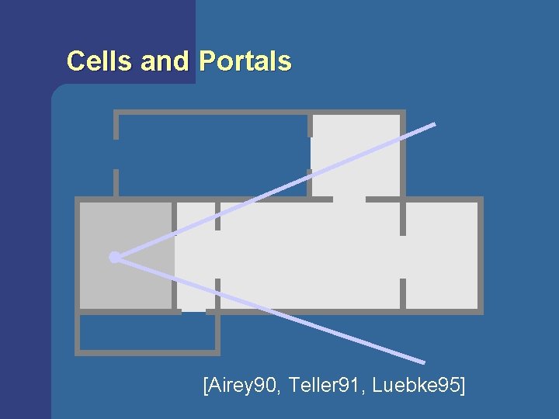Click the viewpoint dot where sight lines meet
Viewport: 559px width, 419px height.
(114, 257)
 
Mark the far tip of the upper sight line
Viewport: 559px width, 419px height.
(434, 124)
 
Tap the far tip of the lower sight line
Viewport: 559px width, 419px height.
(423, 362)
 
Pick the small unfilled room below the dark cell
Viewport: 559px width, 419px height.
(148, 334)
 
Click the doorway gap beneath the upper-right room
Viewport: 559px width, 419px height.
(349, 199)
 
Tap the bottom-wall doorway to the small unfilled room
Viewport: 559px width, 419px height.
(194, 312)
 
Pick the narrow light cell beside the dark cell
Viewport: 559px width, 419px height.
(194, 256)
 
